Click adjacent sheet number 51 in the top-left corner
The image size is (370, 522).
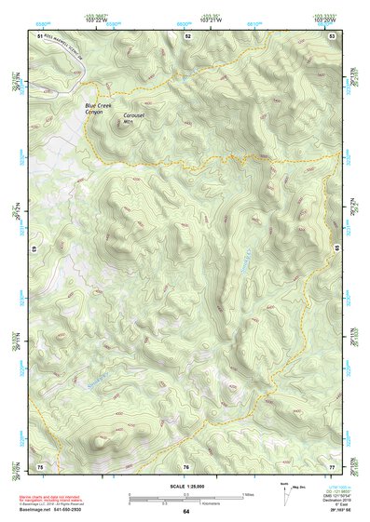tap(40, 34)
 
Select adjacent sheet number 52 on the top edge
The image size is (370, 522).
tap(187, 34)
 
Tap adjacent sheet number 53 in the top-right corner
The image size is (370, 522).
tap(332, 34)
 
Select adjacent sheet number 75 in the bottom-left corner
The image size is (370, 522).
tap(40, 465)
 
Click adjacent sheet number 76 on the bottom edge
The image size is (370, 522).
tap(186, 466)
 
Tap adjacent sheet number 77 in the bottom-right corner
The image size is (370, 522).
tap(332, 465)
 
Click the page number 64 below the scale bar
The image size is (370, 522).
tap(185, 511)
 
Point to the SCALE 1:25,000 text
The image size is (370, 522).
tap(185, 484)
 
